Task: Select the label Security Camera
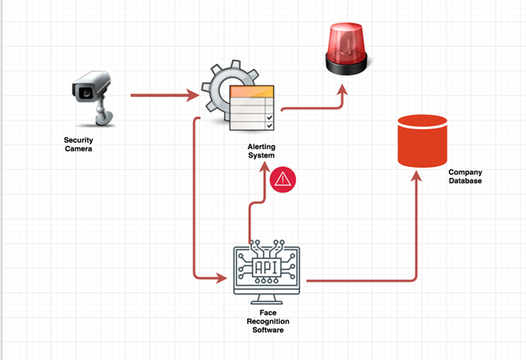tap(78, 144)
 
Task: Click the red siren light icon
tap(346, 46)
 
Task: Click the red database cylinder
tap(421, 140)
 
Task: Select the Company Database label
tap(464, 176)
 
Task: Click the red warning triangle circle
tap(283, 179)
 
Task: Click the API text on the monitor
tap(266, 267)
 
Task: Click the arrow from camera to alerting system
tap(164, 95)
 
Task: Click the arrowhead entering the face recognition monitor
tap(223, 277)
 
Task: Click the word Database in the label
tap(464, 181)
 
